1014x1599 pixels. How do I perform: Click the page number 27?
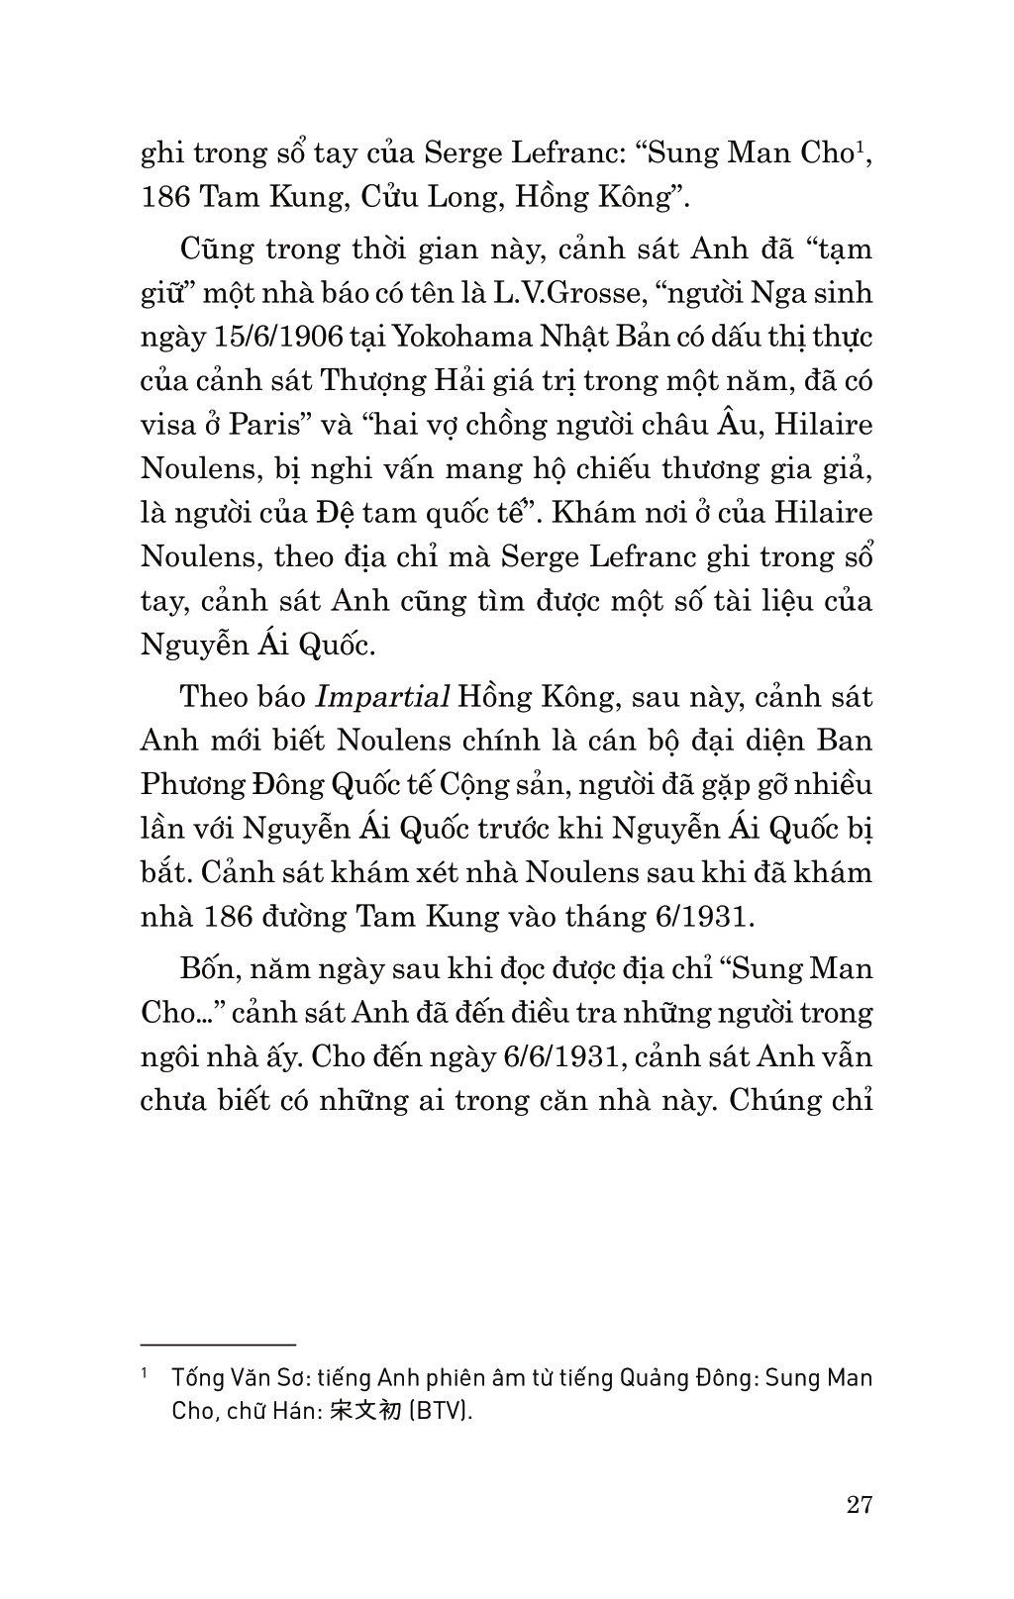pos(860,1505)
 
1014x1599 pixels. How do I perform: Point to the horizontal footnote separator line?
pos(219,1345)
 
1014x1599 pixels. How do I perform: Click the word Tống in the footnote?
pos(194,1377)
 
